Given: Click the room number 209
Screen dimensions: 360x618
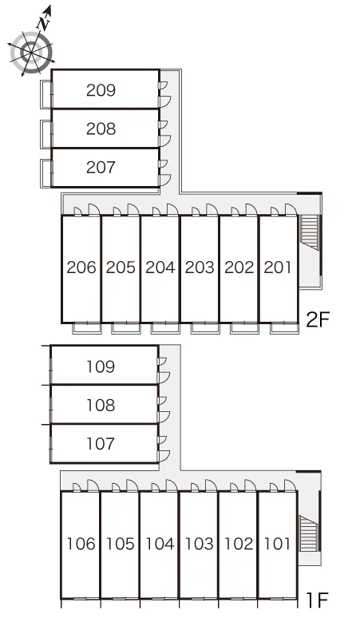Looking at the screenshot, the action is click(x=101, y=90).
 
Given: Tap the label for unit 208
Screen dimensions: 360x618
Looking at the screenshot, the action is click(x=101, y=129).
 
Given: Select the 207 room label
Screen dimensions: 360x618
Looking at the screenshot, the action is click(x=101, y=167).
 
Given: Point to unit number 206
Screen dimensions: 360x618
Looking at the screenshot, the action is click(x=81, y=267).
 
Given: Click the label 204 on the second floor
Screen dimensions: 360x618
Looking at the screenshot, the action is click(x=160, y=267).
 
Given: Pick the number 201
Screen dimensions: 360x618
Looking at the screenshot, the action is click(x=278, y=267).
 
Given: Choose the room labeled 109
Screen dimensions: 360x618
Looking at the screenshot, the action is click(x=101, y=366).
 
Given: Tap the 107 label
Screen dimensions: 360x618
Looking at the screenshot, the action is click(x=101, y=444).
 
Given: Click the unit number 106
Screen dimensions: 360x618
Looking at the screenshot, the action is click(x=81, y=544).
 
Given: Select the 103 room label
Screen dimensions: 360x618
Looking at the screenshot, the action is click(x=199, y=544).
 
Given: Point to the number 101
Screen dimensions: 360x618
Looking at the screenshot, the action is click(x=277, y=544).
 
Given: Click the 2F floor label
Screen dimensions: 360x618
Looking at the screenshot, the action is click(x=318, y=319).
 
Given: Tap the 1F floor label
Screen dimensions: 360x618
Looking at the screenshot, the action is click(x=318, y=600).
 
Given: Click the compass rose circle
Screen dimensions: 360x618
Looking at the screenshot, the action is click(x=31, y=53).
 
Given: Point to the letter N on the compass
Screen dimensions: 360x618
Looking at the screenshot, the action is click(x=43, y=23).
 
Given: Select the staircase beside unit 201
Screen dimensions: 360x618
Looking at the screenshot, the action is click(x=310, y=232).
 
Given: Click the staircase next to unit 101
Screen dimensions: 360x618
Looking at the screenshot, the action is click(x=309, y=533).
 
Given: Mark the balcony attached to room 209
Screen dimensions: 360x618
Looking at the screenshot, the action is click(x=46, y=94).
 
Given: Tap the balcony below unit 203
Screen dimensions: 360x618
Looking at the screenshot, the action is click(x=205, y=328).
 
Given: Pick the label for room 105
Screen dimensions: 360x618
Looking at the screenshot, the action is click(x=120, y=544).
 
